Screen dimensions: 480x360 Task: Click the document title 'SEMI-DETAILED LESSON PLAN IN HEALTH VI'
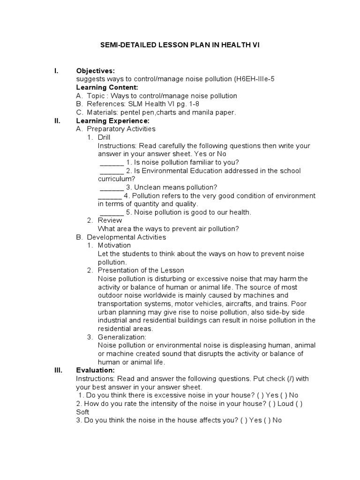(180, 45)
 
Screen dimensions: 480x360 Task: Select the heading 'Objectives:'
(95, 71)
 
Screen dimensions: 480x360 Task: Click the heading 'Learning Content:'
(107, 87)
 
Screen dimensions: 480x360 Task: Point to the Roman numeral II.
(58, 120)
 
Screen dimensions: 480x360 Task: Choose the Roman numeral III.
(59, 370)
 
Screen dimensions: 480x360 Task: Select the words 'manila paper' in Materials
(216, 112)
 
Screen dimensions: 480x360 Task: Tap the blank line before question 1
(112, 163)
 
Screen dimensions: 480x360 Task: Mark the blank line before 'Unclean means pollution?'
(112, 187)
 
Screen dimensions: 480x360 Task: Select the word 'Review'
(110, 220)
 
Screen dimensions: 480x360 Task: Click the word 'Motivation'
(114, 245)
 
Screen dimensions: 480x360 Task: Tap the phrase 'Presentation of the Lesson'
(141, 270)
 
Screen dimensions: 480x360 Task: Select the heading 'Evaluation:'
(95, 370)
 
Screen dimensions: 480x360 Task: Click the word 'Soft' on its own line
(82, 412)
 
